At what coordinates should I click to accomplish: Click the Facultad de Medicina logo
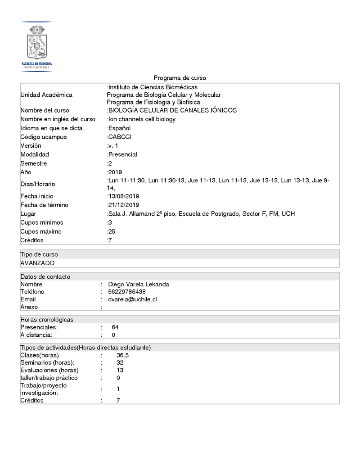click(36, 46)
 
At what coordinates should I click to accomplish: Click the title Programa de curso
click(180, 78)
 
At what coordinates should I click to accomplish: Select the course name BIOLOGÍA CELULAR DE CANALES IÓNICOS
click(172, 110)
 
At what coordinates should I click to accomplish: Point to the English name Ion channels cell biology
click(142, 119)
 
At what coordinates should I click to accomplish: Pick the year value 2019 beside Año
click(115, 172)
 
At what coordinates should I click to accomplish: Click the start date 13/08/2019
click(123, 196)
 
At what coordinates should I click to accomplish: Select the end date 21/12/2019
click(123, 205)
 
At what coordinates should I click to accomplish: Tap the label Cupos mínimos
click(42, 223)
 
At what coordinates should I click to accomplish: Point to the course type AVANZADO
click(37, 263)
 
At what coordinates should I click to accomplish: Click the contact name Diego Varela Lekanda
click(139, 285)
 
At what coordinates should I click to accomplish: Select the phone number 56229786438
click(126, 292)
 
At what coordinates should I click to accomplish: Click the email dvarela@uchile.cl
click(132, 299)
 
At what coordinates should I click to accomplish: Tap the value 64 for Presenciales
click(115, 327)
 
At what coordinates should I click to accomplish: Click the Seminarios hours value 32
click(120, 363)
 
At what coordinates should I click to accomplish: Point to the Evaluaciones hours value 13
click(120, 370)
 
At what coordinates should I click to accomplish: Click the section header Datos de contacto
click(45, 276)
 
